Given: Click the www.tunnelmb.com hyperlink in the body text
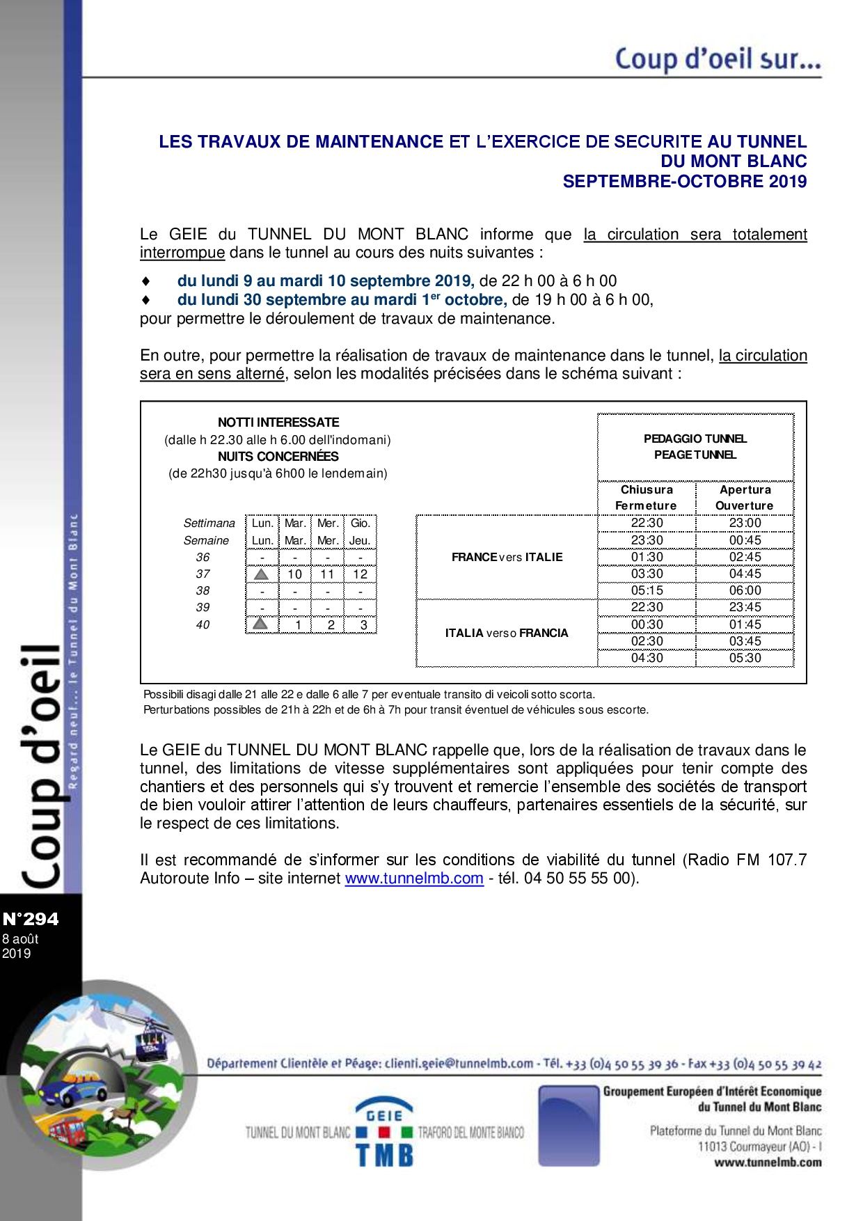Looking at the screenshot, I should (413, 879).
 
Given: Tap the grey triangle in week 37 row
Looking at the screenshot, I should (261, 574).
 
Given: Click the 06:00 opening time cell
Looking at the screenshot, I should (744, 590).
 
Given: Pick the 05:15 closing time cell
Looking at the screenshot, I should (647, 590).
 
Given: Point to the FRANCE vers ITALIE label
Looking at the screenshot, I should (507, 557).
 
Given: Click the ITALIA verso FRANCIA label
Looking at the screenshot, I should (507, 633).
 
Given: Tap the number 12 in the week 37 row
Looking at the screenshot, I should (360, 574).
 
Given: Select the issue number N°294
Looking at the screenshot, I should (31, 920).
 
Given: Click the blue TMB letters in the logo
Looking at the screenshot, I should (384, 1155).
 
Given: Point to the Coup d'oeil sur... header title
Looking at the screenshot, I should (718, 59).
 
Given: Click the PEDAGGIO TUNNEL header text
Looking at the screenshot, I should (695, 439).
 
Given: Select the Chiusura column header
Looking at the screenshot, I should (647, 489).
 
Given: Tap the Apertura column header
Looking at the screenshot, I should (744, 489).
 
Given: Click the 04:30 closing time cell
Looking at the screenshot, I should (647, 658).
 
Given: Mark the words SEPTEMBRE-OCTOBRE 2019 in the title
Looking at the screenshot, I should (684, 182).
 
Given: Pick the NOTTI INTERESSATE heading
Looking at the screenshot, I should (278, 423).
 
